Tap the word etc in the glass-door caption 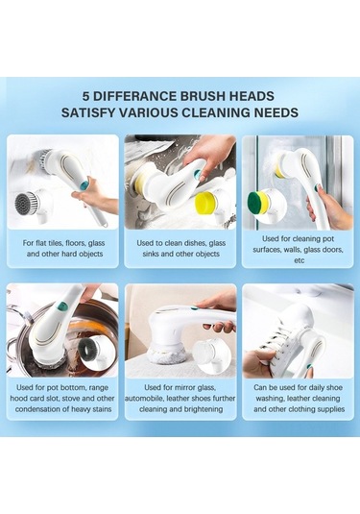[300, 260]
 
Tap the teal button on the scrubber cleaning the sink [197, 175]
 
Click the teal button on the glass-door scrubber [317, 188]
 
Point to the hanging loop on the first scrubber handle [103, 225]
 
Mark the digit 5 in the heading [85, 96]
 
